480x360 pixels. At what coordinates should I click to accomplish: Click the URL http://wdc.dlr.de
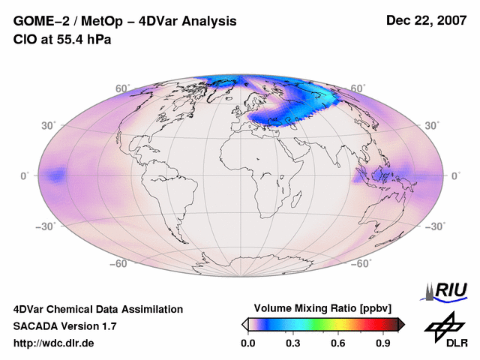tap(54, 343)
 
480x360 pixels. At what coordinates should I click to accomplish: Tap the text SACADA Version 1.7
tap(64, 326)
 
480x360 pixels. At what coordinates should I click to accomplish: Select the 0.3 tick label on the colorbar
tap(293, 343)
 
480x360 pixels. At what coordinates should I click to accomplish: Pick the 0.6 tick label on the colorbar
tap(339, 343)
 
